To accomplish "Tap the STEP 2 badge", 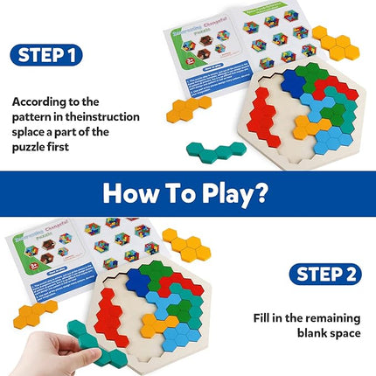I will [x=325, y=274].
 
